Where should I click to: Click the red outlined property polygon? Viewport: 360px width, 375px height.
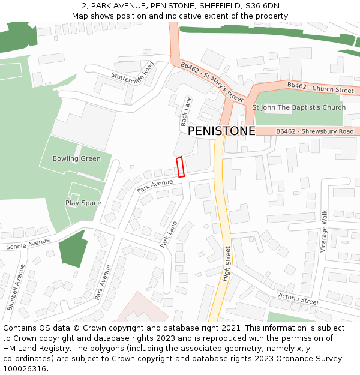coord(179,167)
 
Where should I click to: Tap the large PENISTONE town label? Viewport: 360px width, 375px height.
coord(221,131)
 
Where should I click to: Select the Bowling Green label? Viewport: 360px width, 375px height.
coord(76,158)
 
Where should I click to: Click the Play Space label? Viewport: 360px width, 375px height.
coord(83,203)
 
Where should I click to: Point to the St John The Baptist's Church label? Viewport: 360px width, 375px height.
coord(298,107)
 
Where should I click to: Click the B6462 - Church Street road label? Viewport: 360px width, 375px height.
coord(320,88)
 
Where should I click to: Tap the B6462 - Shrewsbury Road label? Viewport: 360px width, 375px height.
coord(314,131)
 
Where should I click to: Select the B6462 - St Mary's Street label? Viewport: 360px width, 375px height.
coord(212,81)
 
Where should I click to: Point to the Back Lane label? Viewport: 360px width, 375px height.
coord(186,111)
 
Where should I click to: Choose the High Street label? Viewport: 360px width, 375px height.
coord(226,264)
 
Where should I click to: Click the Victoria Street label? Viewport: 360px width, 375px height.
coord(298,298)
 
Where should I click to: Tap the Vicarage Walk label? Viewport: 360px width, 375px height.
coord(324,231)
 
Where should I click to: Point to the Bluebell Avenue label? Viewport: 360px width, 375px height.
coord(16,287)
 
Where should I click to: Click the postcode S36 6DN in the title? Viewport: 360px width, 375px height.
coord(262,5)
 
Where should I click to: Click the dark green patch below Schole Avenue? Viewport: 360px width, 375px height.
coord(73,249)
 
